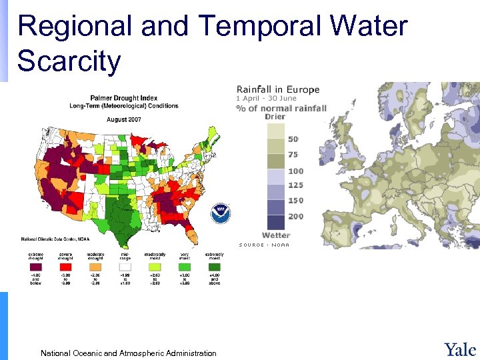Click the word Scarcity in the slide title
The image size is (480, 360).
(69, 61)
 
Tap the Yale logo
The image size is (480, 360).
(460, 349)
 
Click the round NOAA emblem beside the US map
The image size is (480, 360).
(221, 213)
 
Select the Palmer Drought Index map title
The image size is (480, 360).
(131, 98)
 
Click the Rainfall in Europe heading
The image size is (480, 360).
(278, 89)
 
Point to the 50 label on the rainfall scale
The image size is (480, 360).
(293, 139)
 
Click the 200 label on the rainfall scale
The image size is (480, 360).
(295, 217)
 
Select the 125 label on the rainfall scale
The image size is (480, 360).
(295, 185)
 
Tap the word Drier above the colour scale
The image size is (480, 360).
(275, 117)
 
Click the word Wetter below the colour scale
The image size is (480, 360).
(276, 235)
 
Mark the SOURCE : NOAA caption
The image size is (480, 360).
(265, 245)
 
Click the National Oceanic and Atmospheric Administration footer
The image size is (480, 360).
(128, 353)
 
